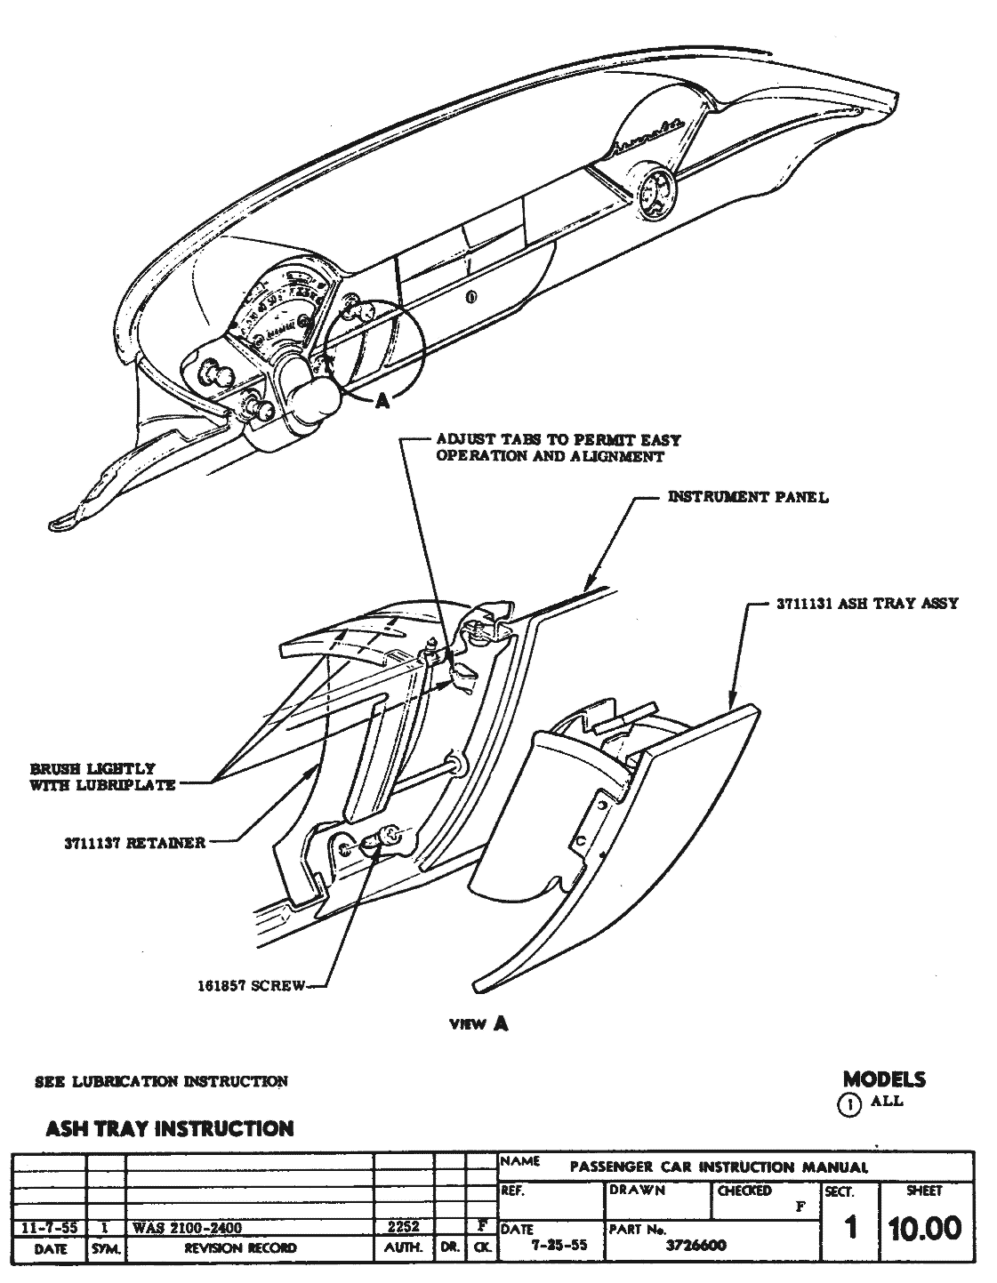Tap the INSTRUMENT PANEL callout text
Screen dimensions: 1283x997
(x=747, y=497)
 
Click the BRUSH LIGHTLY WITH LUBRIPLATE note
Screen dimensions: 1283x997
(x=102, y=776)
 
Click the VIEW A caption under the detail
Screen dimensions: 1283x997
(x=478, y=1023)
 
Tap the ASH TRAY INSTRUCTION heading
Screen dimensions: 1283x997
(x=169, y=1129)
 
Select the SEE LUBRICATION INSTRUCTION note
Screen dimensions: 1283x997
(x=161, y=1081)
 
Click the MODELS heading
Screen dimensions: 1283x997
(x=884, y=1079)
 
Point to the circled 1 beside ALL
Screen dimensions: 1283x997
(x=850, y=1104)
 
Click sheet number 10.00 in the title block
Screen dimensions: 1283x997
(x=924, y=1229)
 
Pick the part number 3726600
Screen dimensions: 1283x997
(x=695, y=1246)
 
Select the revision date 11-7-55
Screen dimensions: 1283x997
(x=48, y=1228)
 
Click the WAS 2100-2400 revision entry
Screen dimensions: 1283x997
(x=187, y=1228)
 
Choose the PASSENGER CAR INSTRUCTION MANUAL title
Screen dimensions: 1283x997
(x=719, y=1167)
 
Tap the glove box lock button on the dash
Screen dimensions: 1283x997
(x=470, y=296)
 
